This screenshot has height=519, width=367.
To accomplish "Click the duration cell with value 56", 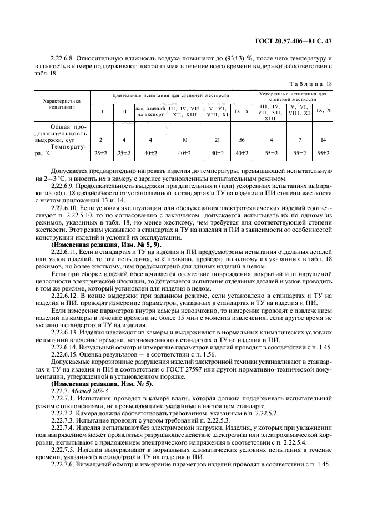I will pyautogui.click(x=240, y=140).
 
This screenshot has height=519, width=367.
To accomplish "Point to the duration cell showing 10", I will pyautogui.click(x=184, y=140).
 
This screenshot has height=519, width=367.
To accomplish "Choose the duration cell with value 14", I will pyautogui.click(x=323, y=140).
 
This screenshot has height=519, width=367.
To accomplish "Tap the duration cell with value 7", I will pyautogui.click(x=299, y=140).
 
